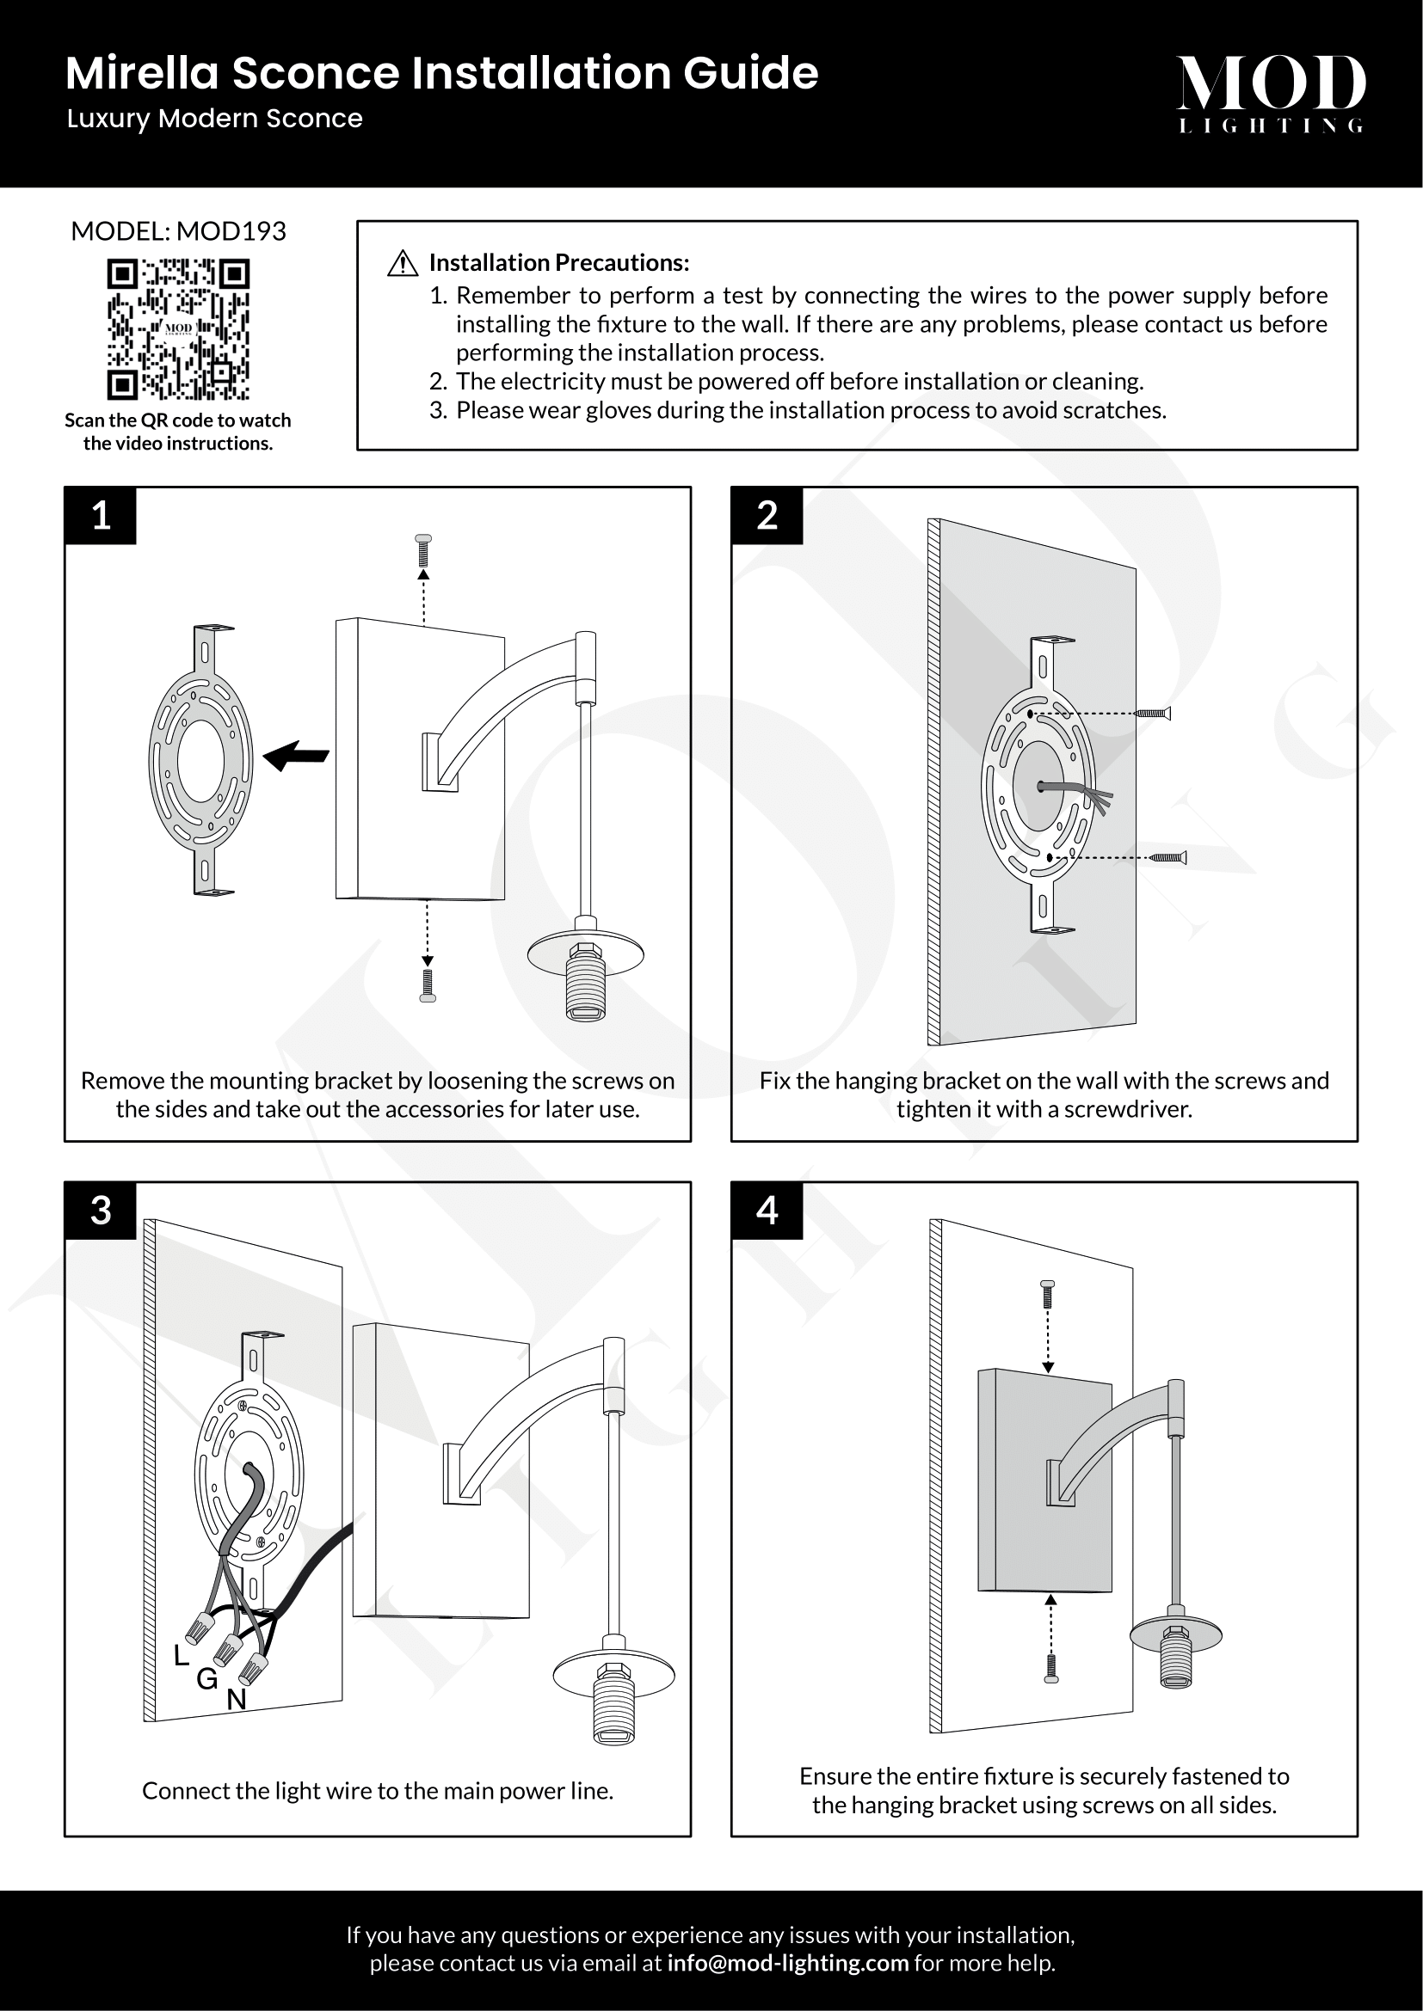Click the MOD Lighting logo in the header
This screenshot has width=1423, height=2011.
pos(1271,93)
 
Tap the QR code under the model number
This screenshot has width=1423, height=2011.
pos(178,328)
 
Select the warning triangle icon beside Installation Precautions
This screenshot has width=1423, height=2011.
pos(402,263)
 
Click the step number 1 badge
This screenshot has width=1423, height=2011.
pos(101,516)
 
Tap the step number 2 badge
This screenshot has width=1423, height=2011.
pos(767,516)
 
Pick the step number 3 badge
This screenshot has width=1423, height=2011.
pos(101,1211)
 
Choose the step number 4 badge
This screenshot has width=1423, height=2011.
pos(767,1211)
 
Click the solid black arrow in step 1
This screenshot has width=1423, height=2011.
pos(295,754)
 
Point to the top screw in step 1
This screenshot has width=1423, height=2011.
pos(423,550)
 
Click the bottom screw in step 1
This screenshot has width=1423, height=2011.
pos(428,985)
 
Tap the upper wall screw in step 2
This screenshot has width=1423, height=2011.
pos(1153,714)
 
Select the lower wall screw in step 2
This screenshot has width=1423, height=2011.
pos(1169,856)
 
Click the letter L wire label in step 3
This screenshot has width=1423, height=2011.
pos(182,1654)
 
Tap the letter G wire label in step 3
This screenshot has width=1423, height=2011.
pos(206,1678)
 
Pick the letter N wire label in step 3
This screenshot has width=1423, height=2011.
pos(237,1700)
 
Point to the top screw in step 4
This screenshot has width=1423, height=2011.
pos(1047,1294)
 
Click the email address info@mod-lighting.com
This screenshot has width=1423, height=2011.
pos(788,1963)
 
